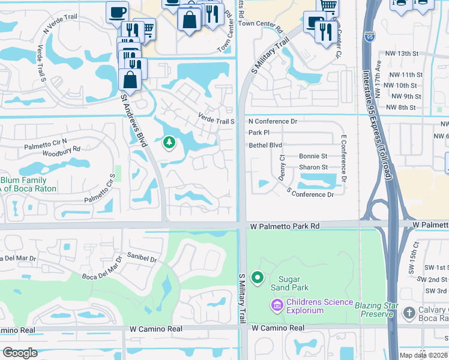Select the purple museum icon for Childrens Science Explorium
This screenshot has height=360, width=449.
coord(277,306)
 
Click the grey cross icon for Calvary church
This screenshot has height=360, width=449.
coord(409,313)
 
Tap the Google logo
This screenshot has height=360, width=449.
coord(20,352)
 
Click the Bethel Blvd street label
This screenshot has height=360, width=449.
coord(265,145)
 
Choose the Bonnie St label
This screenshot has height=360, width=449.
coord(313,156)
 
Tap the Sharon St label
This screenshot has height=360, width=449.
coord(313,167)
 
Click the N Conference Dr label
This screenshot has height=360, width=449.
coord(273,121)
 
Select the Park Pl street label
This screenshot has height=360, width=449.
coord(259,133)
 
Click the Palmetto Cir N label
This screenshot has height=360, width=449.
coord(46,145)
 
